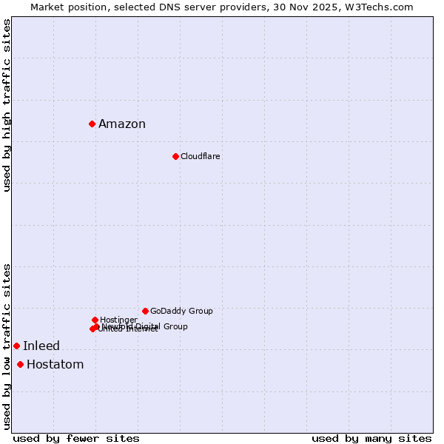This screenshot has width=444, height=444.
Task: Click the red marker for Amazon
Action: (92, 124)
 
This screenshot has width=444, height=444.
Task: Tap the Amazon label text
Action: (122, 124)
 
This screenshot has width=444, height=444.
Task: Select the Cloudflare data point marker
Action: (175, 156)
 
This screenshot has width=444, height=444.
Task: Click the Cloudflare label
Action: (201, 157)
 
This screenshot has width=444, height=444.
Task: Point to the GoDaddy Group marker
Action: (145, 311)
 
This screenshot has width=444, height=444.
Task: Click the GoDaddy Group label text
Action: (181, 312)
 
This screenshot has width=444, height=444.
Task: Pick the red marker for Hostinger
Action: (95, 320)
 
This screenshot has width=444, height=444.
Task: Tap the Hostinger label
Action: (118, 320)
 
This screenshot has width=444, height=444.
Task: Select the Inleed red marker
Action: (16, 346)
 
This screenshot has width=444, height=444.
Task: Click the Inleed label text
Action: (41, 346)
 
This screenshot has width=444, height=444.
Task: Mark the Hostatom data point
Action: (20, 364)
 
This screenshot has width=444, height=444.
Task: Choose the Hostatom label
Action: (55, 365)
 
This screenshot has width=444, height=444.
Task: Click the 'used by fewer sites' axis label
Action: (76, 439)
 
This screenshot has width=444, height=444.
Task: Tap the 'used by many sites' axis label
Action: (371, 439)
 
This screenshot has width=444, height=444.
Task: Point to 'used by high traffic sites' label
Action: (7, 105)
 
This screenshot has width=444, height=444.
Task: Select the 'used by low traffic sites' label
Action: (7, 346)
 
